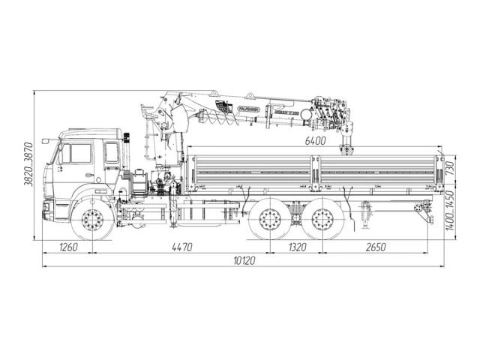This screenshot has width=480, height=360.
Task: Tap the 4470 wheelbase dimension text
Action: point(181,247)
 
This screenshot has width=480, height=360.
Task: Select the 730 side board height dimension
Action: point(450,166)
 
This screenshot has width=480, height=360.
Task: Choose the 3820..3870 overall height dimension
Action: point(28,166)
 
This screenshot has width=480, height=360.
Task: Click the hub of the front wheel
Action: point(93,220)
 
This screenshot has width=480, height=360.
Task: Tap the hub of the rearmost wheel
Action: point(322,220)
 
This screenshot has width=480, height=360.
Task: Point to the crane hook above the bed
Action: point(347,149)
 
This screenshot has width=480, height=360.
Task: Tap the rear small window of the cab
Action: point(112,153)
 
